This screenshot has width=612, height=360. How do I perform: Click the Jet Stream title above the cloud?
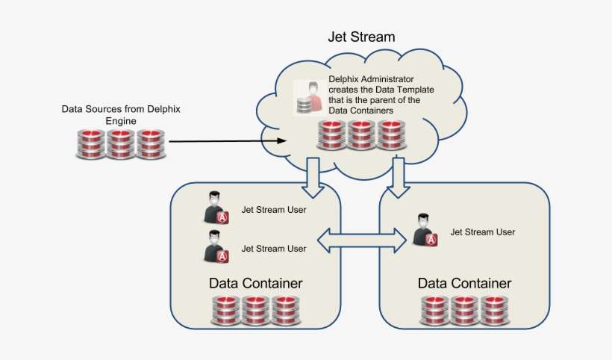[361, 37]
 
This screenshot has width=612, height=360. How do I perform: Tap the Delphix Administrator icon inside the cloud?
[308, 97]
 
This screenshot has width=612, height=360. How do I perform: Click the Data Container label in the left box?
[255, 284]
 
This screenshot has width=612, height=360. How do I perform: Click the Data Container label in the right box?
[464, 284]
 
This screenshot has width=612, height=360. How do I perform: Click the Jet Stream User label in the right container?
[482, 232]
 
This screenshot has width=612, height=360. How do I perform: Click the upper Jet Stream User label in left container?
[273, 210]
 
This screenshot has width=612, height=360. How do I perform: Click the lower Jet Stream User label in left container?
[273, 249]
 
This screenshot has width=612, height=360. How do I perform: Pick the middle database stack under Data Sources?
[121, 143]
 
